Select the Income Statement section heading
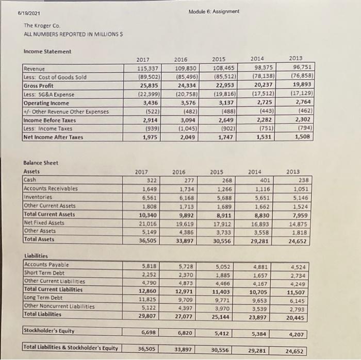pyautogui.click(x=46, y=52)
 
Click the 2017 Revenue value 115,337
pyautogui.click(x=148, y=69)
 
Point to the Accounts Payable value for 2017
pyautogui.click(x=150, y=266)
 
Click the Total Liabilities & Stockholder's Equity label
pyautogui.click(x=71, y=349)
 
